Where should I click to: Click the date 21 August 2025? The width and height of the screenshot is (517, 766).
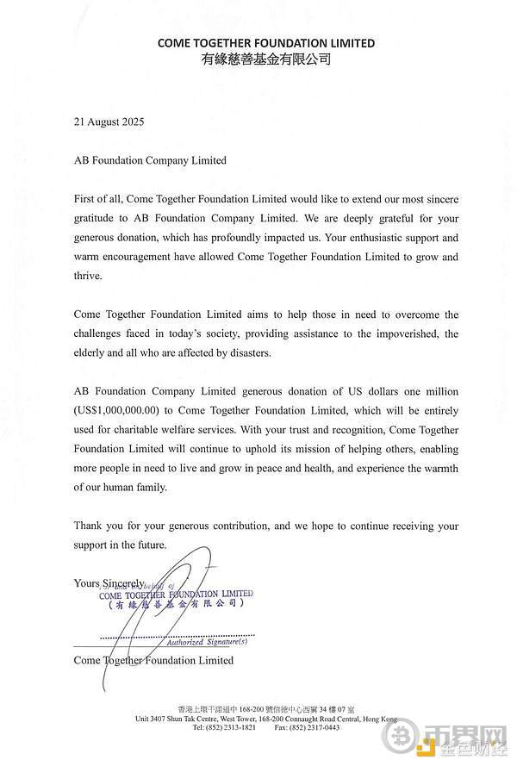click(x=109, y=121)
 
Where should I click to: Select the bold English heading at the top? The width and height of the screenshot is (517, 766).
click(x=265, y=42)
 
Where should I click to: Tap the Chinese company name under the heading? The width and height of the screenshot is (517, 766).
click(x=265, y=59)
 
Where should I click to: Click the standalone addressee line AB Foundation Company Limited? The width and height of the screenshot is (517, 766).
click(x=151, y=160)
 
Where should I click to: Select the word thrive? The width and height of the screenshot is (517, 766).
click(x=89, y=276)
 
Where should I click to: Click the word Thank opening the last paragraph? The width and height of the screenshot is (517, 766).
click(x=90, y=526)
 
